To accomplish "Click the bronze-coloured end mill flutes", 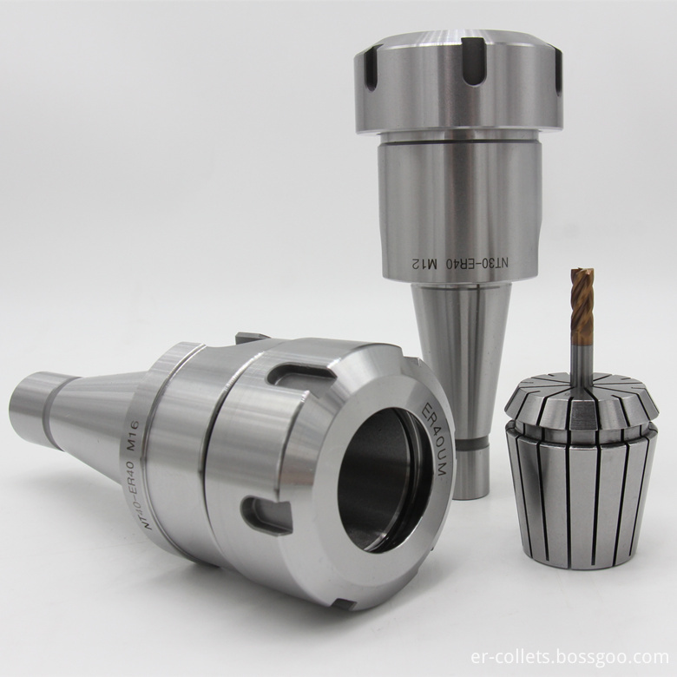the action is click(582, 306).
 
